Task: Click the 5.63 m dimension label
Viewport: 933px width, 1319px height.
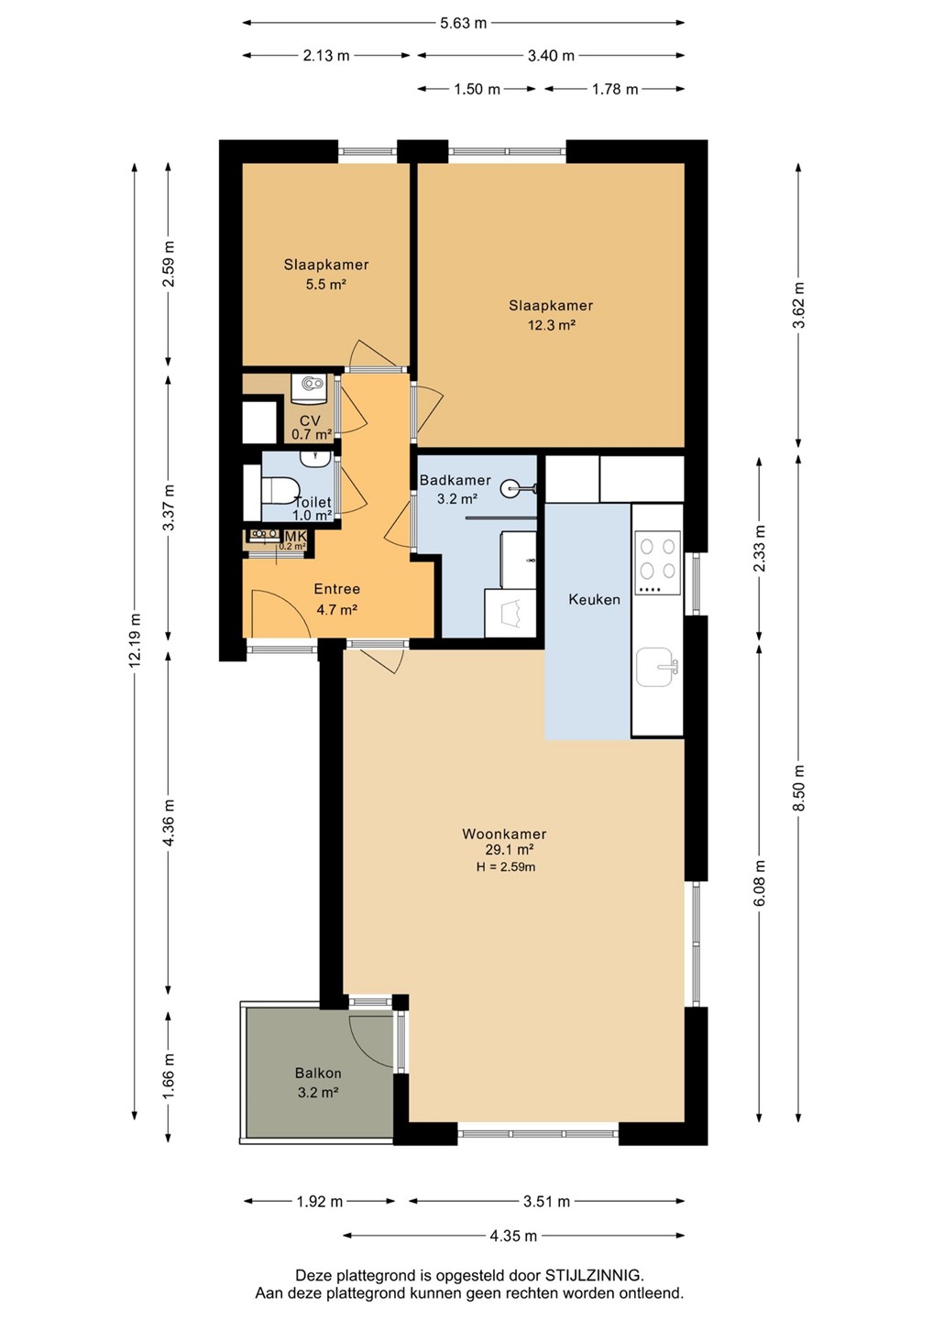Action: click(x=464, y=23)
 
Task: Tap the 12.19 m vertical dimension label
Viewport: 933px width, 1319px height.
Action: click(x=135, y=639)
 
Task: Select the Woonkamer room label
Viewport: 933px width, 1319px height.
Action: click(x=504, y=834)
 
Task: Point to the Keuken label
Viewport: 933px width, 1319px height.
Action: click(x=594, y=599)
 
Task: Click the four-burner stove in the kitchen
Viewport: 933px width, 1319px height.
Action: click(x=657, y=562)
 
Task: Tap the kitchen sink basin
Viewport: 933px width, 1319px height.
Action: click(x=655, y=667)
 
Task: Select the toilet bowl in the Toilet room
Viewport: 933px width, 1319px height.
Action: click(x=280, y=490)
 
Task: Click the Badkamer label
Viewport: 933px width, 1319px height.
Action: click(x=455, y=480)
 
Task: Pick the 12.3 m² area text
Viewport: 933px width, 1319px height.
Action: click(x=551, y=324)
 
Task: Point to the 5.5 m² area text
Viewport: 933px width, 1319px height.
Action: click(x=325, y=284)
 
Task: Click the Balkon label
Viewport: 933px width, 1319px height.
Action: click(x=318, y=1073)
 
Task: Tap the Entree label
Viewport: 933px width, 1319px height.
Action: click(x=336, y=588)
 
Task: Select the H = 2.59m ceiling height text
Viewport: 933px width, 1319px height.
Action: click(x=506, y=867)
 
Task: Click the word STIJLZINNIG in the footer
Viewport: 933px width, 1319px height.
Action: click(x=593, y=1275)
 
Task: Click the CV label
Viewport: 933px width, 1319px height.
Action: click(x=310, y=420)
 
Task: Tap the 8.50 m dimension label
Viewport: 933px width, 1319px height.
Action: click(x=798, y=788)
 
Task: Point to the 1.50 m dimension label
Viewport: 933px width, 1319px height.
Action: click(x=476, y=89)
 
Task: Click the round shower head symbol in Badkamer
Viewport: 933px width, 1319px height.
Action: click(x=510, y=488)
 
